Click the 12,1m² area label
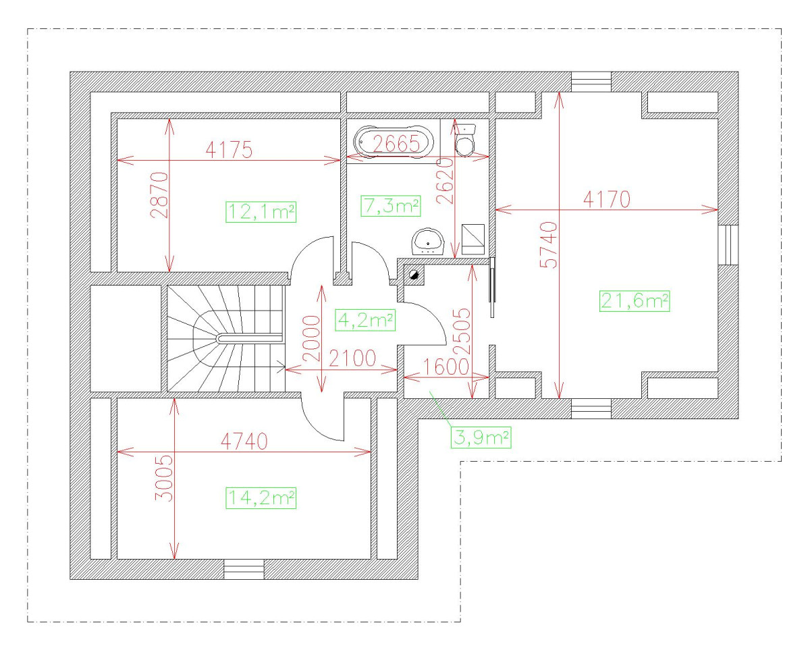pyautogui.click(x=261, y=212)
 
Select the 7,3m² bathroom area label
pyautogui.click(x=391, y=206)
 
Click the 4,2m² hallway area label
pyautogui.click(x=364, y=319)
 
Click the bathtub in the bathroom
pyautogui.click(x=393, y=142)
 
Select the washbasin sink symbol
pyautogui.click(x=428, y=241)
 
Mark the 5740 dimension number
pyautogui.click(x=550, y=244)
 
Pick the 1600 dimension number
pyautogui.click(x=446, y=366)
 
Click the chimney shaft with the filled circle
pyautogui.click(x=413, y=275)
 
